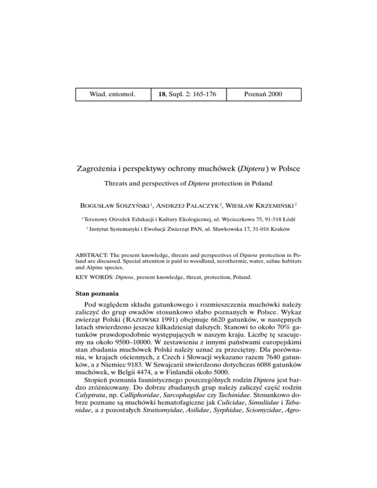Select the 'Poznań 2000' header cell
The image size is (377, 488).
264,93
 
